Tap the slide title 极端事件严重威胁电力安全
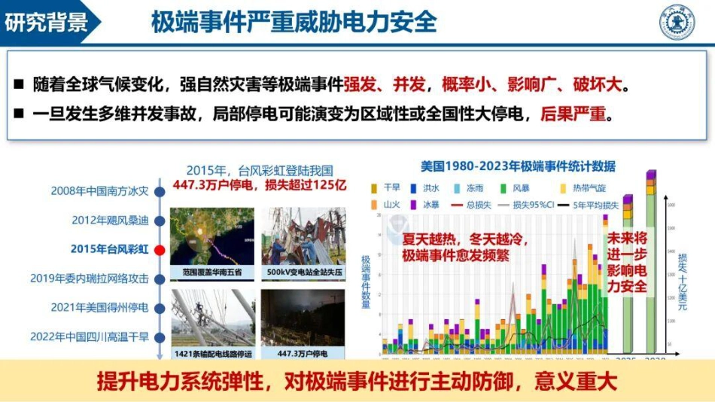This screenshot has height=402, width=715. [294, 22]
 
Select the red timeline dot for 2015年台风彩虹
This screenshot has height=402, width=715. [159, 249]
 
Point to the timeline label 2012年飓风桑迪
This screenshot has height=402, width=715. [110, 220]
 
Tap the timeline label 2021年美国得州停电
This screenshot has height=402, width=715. [100, 307]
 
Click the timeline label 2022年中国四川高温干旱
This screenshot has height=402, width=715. [90, 337]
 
